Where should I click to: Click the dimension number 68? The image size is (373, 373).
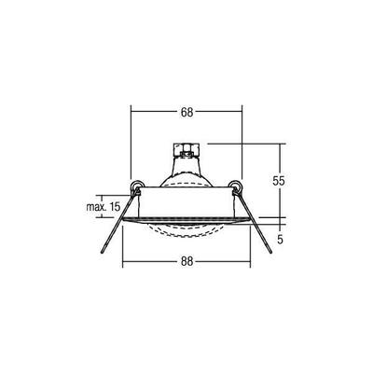186,113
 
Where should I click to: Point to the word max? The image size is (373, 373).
91,206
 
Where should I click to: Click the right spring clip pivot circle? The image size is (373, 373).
236,186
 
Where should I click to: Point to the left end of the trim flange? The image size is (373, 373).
126,220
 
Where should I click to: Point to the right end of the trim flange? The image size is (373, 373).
248,220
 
